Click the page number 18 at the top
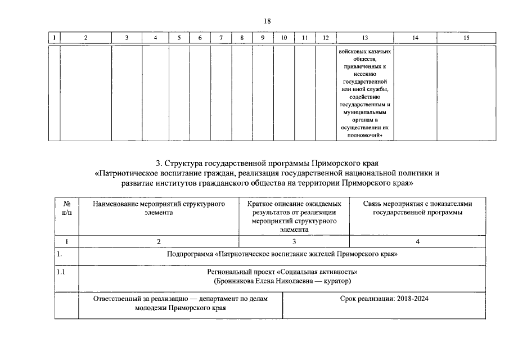tap(267, 21)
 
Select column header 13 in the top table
tap(364, 38)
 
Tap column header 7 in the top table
tap(221, 38)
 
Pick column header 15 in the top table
tap(466, 38)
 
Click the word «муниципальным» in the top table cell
tap(364, 112)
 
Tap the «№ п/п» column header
tap(66, 208)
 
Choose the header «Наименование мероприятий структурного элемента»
tap(159, 208)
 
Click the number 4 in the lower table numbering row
tap(417, 241)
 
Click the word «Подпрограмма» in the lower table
tap(191, 254)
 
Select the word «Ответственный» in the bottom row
tap(118, 299)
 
